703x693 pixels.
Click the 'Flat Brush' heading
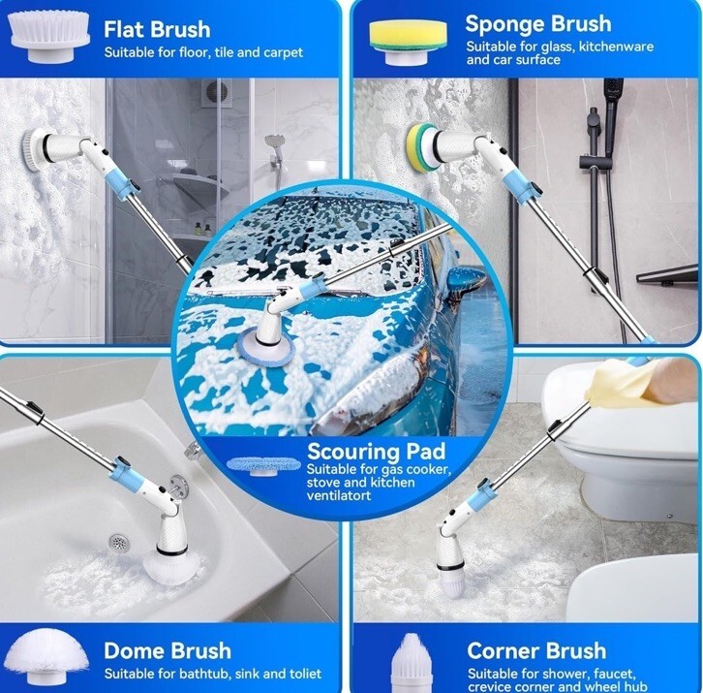[x=157, y=30]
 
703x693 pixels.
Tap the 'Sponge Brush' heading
[x=538, y=24]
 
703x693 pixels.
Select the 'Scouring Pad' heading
[x=377, y=451]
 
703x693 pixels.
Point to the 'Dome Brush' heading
[x=168, y=650]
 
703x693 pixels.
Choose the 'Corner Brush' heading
[x=536, y=650]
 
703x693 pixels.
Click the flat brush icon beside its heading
[x=48, y=37]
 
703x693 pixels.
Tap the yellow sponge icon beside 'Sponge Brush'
[x=408, y=42]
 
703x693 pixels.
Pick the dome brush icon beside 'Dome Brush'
[x=48, y=657]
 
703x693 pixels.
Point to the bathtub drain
[x=119, y=543]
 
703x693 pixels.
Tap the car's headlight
[x=375, y=397]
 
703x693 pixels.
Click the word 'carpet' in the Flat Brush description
[x=283, y=53]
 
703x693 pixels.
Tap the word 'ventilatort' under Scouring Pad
[x=339, y=496]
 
